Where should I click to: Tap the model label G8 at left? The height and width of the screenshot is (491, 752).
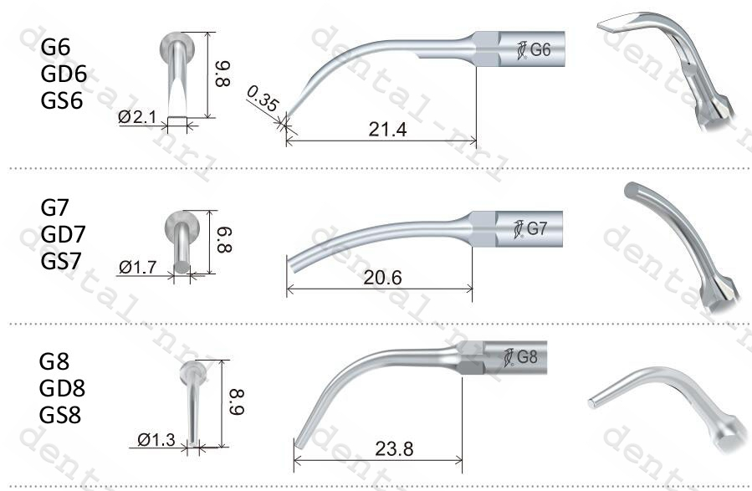point(55,362)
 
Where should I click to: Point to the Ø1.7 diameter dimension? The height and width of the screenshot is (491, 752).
point(138,268)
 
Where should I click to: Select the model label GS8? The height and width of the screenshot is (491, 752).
point(61,414)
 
